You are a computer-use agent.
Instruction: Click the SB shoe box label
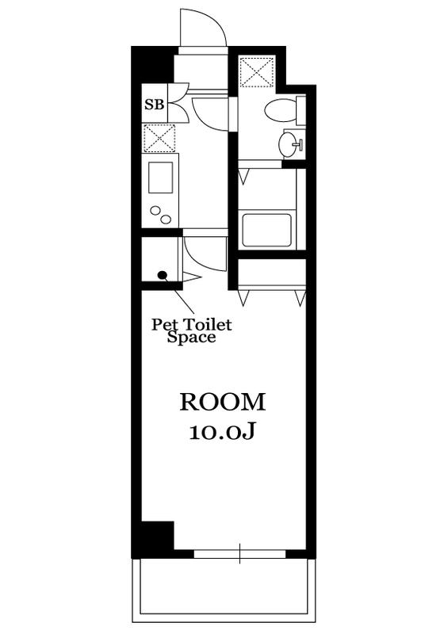click(155, 105)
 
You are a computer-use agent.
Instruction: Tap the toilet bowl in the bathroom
click(281, 110)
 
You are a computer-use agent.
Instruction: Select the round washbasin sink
click(288, 144)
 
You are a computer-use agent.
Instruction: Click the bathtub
click(266, 230)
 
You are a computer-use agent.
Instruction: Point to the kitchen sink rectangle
click(160, 177)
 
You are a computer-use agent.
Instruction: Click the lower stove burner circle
click(166, 220)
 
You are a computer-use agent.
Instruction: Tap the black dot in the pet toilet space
click(163, 275)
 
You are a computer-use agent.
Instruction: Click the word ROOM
click(223, 403)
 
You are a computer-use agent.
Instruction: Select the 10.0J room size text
click(222, 433)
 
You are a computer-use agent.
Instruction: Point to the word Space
click(191, 338)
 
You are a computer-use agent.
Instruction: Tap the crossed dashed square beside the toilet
click(258, 72)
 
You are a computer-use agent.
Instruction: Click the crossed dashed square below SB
click(159, 138)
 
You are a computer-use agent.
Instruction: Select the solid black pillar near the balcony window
click(157, 536)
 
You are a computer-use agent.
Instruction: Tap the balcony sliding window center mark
click(240, 554)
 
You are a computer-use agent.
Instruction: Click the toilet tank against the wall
click(301, 110)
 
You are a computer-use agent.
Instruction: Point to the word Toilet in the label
click(208, 325)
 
